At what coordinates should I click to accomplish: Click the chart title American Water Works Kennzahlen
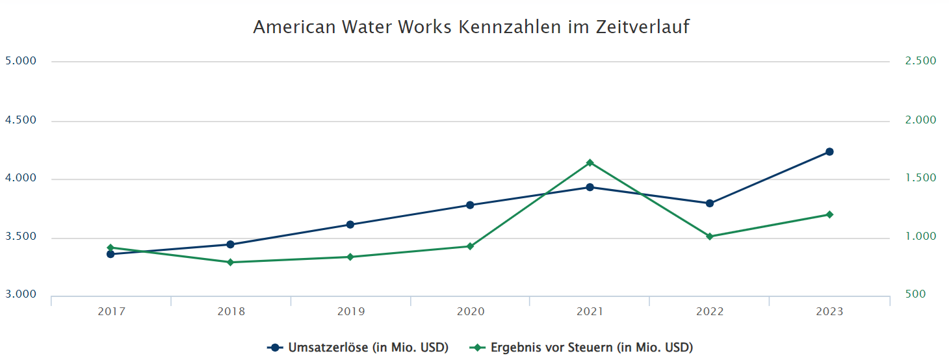(471, 27)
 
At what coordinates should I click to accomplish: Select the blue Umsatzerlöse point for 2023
(829, 152)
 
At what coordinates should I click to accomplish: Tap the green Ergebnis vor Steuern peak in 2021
(590, 162)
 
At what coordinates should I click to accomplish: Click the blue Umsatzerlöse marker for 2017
(110, 254)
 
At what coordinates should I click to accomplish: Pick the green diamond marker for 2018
(230, 262)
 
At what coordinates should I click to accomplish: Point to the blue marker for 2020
(470, 205)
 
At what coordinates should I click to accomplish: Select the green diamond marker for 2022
(710, 237)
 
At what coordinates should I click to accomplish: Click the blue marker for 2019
(350, 225)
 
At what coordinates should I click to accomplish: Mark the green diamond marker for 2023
(829, 214)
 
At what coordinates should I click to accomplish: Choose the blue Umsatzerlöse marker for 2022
(710, 203)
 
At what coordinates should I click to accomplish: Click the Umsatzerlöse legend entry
(358, 348)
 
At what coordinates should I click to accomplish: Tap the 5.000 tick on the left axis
(21, 61)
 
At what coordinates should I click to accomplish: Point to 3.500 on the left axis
(21, 238)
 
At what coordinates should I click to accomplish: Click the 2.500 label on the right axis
(920, 61)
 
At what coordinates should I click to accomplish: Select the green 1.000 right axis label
(920, 237)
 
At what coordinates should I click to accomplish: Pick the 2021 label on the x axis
(590, 312)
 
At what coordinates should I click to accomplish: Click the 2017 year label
(111, 312)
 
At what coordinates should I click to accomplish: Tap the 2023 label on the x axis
(829, 312)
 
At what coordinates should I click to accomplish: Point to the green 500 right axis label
(915, 294)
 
